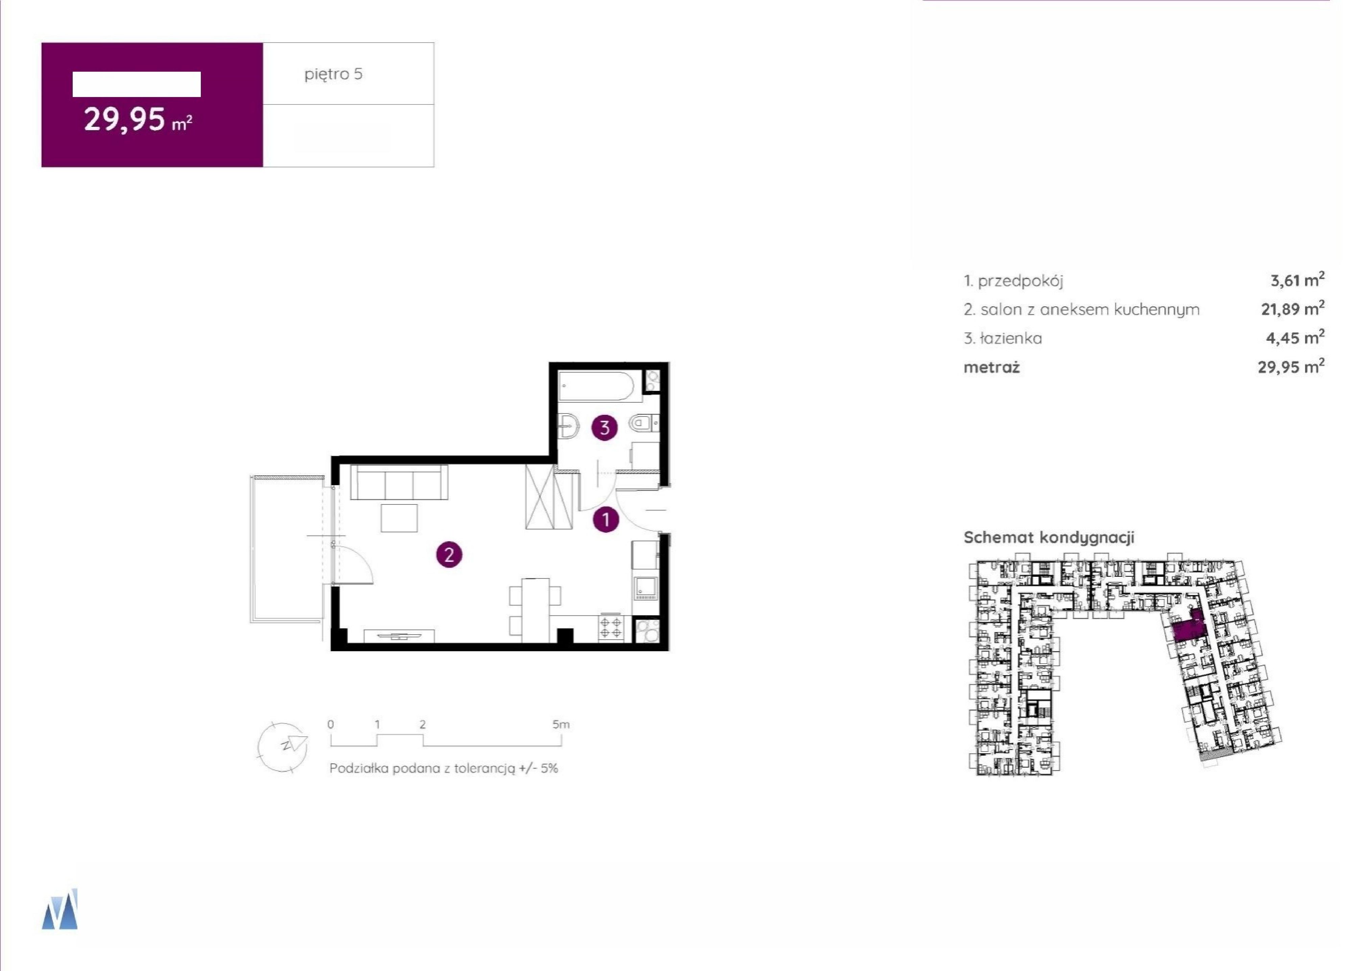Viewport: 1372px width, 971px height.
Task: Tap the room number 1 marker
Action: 606,520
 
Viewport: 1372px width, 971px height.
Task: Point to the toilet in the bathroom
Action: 643,424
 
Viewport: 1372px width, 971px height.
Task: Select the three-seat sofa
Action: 399,482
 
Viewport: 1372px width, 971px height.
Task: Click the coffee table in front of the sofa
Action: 399,518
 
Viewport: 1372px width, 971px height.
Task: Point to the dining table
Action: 535,610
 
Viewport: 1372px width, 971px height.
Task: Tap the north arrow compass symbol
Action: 283,747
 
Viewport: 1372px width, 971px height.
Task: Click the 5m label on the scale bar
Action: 561,724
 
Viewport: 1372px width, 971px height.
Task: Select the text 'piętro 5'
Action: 334,74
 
